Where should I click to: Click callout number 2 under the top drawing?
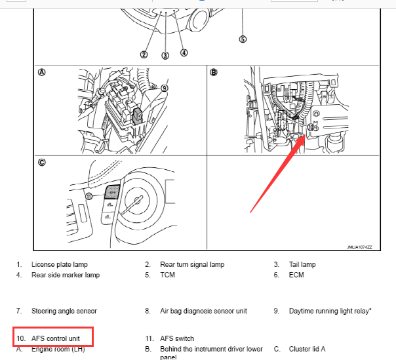tap(144, 54)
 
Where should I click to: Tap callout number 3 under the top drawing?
tap(165, 56)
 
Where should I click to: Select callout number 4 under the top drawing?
tap(184, 53)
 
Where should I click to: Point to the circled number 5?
tap(243, 39)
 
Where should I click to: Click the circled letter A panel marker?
tap(42, 73)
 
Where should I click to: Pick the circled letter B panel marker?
tap(213, 73)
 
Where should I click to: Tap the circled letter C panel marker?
tap(42, 162)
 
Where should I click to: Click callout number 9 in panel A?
tap(165, 88)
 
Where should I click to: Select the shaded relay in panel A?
tap(138, 116)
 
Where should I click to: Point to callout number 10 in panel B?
tap(311, 127)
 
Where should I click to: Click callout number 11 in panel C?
tap(89, 196)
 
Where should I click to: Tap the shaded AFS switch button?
tap(112, 192)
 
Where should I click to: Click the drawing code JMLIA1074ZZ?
tap(359, 247)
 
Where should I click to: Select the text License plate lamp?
tap(60, 264)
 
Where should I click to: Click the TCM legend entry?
tap(167, 275)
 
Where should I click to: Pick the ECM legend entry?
tap(296, 275)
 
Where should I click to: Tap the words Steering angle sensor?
tap(64, 311)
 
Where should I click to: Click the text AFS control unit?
tap(56, 338)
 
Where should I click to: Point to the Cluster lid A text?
tap(307, 349)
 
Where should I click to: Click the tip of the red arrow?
tap(305, 136)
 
